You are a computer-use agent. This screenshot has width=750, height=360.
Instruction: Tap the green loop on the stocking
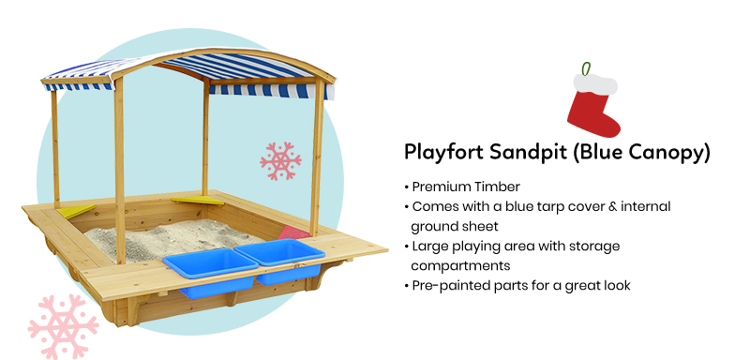click(x=585, y=68)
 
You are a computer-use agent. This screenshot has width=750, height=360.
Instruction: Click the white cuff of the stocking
click(x=595, y=84)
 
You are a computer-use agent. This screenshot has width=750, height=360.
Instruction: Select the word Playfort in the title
click(x=443, y=153)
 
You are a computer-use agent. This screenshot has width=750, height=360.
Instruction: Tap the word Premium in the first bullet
click(x=439, y=187)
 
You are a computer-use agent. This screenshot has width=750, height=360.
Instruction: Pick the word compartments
click(x=460, y=266)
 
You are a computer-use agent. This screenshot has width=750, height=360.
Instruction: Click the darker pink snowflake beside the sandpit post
click(x=280, y=161)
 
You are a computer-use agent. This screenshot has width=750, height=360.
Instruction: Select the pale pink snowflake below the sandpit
click(x=63, y=326)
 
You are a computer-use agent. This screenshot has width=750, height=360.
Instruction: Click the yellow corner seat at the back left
click(x=77, y=211)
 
